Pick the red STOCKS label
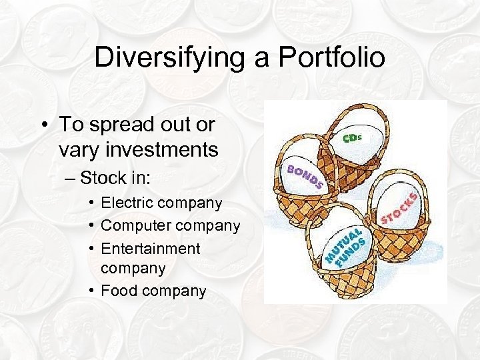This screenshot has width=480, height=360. point(400,207)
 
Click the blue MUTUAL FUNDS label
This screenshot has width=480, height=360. point(346,247)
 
